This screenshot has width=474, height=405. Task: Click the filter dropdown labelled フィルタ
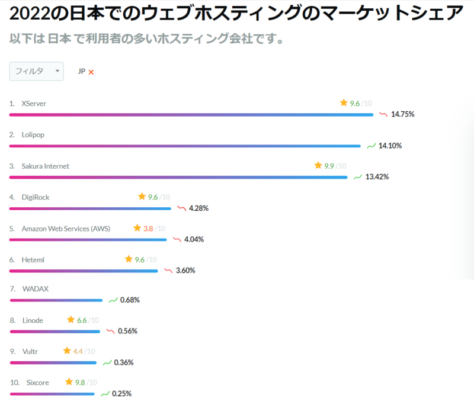[36, 71]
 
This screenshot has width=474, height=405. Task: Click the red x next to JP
[91, 72]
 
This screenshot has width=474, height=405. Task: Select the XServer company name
[34, 104]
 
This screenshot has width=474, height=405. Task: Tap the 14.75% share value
[403, 114]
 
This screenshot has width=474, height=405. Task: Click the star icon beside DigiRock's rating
[142, 197]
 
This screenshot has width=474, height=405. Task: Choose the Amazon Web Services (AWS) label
[66, 229]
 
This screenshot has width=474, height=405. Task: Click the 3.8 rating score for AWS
[148, 229]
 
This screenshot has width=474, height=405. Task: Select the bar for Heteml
[84, 271]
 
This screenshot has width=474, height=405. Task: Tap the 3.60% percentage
[185, 271]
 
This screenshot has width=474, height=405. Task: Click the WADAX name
[35, 289]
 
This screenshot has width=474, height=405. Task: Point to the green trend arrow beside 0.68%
[113, 300]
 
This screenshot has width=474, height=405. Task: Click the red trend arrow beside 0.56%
[110, 331]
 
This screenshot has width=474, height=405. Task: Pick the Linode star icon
[71, 320]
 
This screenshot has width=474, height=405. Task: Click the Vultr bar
[53, 362]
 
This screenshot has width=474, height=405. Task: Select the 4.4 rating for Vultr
[78, 351]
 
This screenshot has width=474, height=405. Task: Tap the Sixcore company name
[37, 382]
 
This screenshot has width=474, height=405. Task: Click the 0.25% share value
[122, 394]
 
